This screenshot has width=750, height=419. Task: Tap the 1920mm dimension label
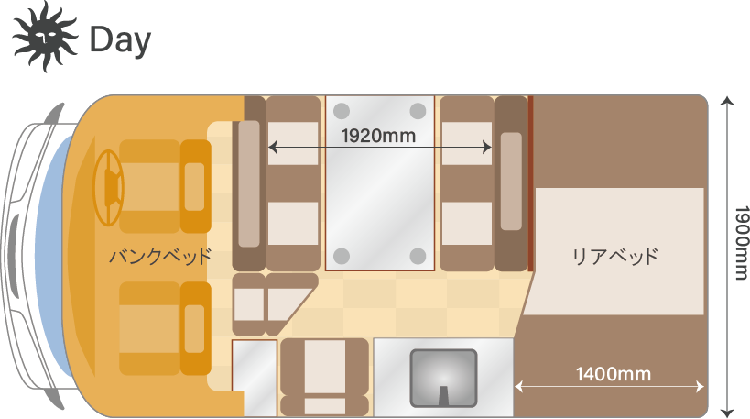[378, 137]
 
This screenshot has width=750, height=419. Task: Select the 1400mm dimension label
[613, 373]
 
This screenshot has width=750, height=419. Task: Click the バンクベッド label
[160, 256]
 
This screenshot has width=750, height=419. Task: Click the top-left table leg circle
[342, 111]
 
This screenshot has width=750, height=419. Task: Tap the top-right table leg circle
[418, 111]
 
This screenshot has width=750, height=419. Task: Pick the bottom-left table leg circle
[342, 254]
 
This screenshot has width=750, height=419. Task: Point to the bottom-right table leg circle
[418, 254]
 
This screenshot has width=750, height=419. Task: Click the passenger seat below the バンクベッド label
[151, 327]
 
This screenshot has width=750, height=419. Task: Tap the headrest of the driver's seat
[195, 186]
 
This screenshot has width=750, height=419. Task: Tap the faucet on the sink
[443, 394]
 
